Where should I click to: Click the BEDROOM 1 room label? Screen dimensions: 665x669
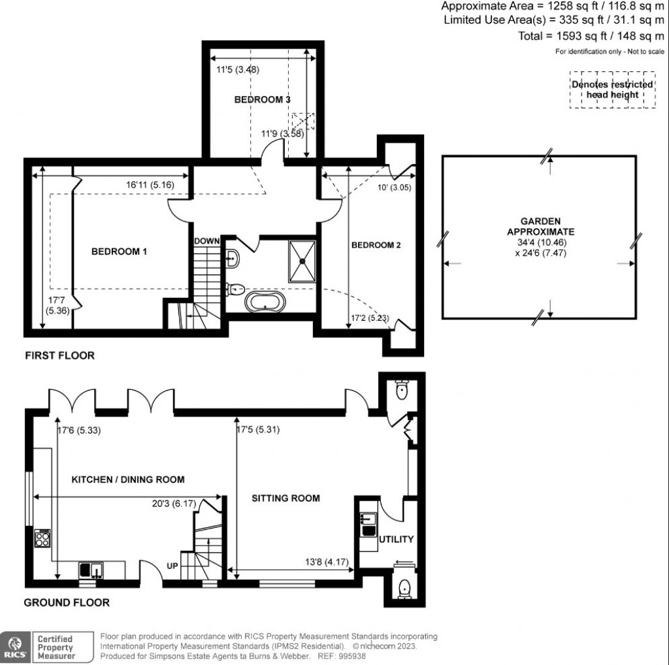point(118,251)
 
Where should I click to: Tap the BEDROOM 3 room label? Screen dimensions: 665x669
point(262,100)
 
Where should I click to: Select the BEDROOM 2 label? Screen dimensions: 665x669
point(376,246)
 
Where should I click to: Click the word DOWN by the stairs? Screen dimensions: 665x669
point(206,241)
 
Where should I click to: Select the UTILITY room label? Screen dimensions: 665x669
point(397,540)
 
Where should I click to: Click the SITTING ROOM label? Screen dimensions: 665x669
point(286,498)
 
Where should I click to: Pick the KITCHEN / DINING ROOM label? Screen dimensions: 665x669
point(128,479)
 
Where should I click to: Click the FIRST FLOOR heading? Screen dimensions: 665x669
point(59,356)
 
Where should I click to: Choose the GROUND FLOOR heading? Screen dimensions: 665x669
point(67,602)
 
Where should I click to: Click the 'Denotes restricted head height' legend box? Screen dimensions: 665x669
point(612,90)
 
